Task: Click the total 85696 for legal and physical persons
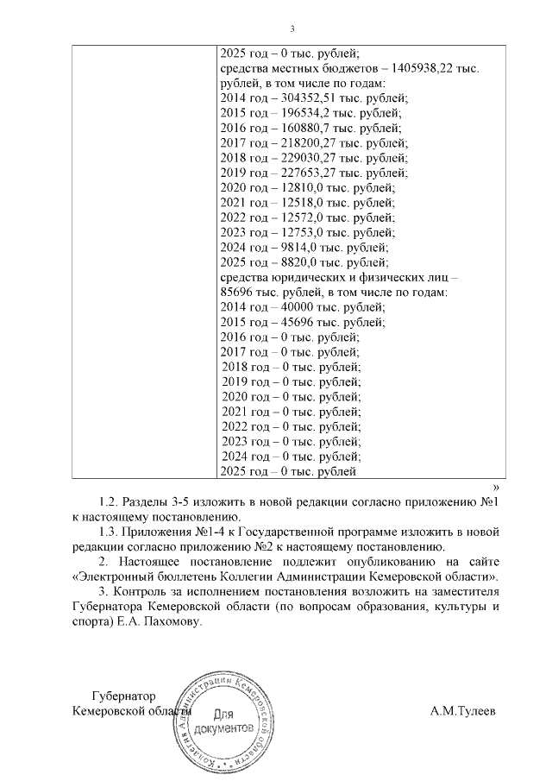pyautogui.click(x=237, y=292)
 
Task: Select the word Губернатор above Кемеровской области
pyautogui.click(x=126, y=696)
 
